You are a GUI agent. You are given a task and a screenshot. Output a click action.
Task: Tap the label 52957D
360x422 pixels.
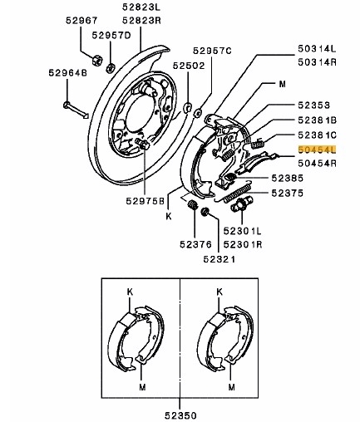(111, 36)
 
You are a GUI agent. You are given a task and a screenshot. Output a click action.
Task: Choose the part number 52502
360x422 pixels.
(189, 64)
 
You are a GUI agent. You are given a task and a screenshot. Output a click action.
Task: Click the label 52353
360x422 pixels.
(313, 105)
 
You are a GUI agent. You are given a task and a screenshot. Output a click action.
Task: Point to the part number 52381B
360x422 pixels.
(317, 120)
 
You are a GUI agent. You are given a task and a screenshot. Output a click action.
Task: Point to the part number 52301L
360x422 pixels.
(243, 231)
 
